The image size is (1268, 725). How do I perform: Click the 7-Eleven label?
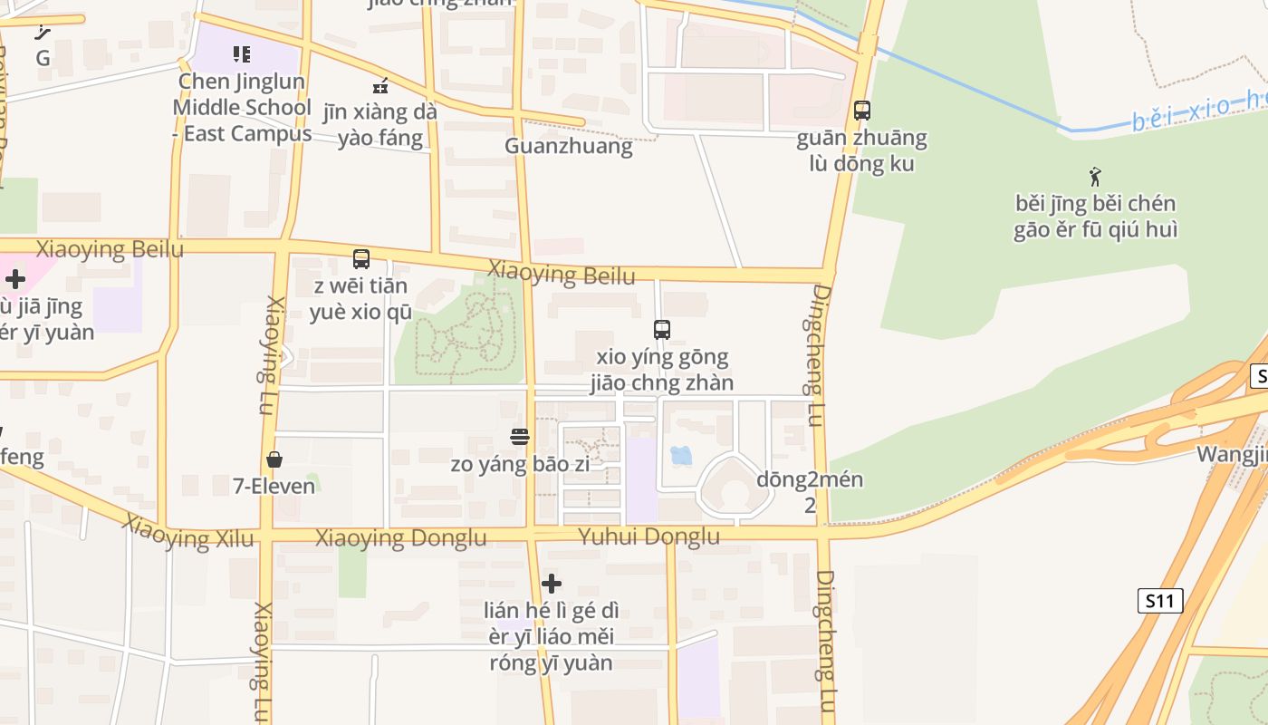coord(274,487)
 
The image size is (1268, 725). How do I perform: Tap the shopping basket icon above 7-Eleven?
coord(274,460)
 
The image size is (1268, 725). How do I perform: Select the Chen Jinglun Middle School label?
coord(242,107)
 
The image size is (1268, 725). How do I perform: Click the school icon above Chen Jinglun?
coord(241,54)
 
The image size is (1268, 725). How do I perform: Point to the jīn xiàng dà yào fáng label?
coord(380,125)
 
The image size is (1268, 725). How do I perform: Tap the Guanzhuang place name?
coord(568,146)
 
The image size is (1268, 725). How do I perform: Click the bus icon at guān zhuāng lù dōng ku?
coord(862,111)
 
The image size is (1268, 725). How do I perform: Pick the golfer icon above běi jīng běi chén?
coord(1095,176)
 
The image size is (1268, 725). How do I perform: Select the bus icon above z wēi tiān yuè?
coord(361,259)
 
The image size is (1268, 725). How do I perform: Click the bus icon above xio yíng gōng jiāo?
coord(662,330)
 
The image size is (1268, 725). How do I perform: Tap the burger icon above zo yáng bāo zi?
coord(520,438)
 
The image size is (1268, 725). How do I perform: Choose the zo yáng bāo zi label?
coord(520,465)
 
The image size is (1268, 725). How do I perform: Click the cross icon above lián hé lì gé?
coord(551,584)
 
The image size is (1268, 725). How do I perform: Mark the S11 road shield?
coord(1160,600)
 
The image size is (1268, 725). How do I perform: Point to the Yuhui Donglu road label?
coord(649,537)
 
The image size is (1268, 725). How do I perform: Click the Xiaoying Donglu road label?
coord(400,538)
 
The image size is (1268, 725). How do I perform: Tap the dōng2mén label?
coord(810,480)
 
